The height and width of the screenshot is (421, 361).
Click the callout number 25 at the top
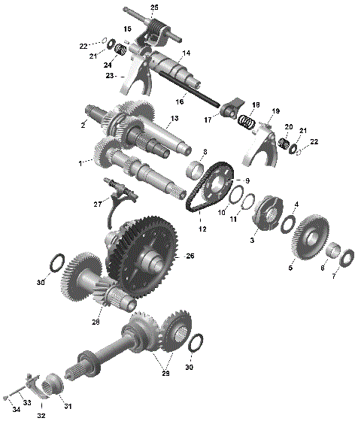coord(154,7)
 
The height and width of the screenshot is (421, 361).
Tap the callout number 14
coord(186,53)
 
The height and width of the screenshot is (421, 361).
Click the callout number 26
coord(190,256)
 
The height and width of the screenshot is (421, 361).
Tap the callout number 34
coord(16,410)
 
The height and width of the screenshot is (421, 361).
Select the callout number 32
coord(41,414)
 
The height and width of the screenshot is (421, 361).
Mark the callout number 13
coord(174,119)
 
